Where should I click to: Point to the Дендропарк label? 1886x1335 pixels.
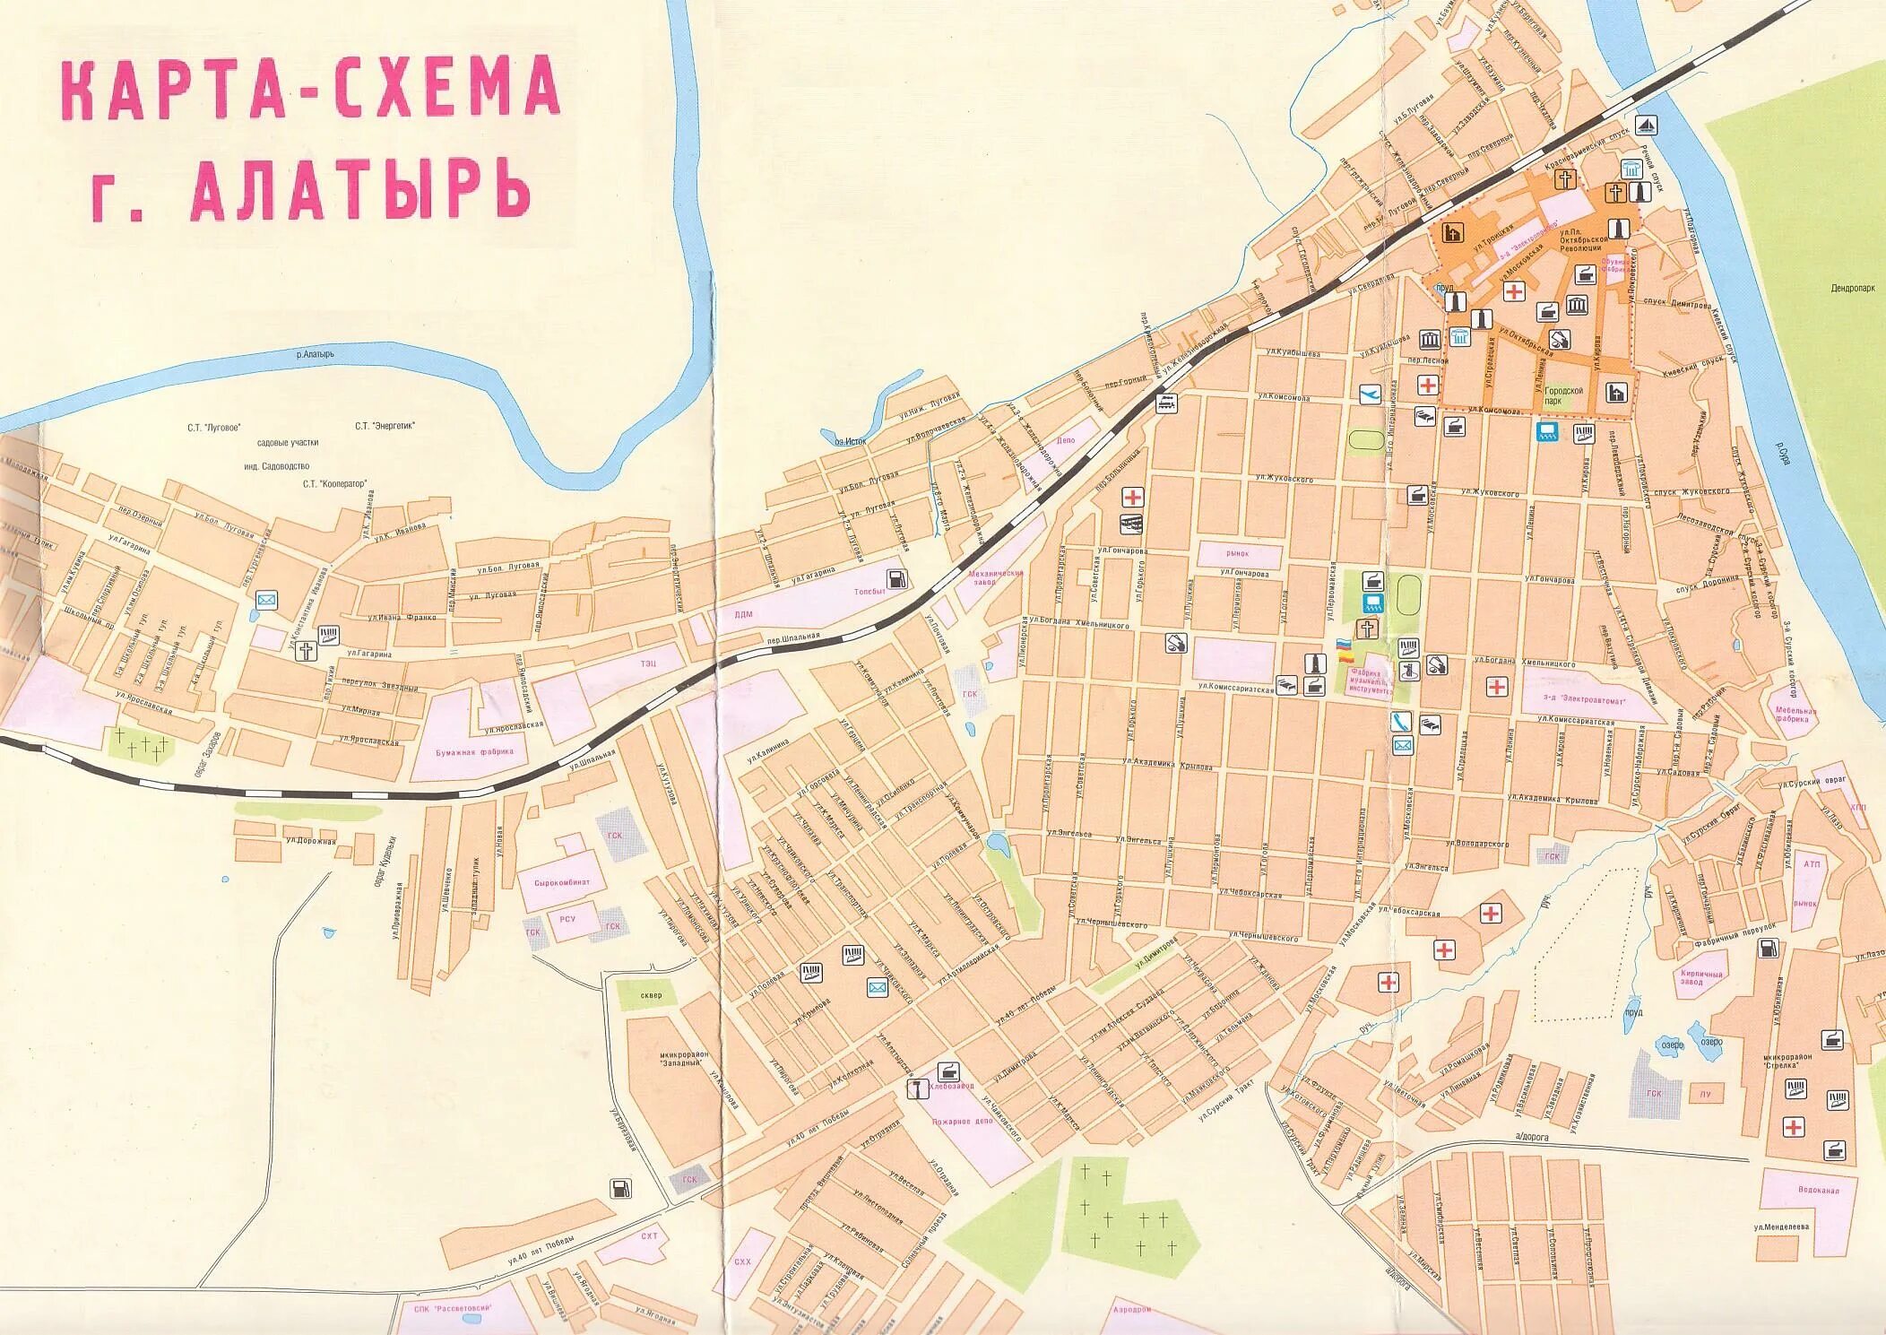[1853, 288]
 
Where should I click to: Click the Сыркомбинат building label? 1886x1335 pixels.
[561, 882]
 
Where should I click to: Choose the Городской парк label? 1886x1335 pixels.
[1564, 395]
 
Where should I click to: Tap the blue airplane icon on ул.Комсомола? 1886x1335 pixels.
[1370, 394]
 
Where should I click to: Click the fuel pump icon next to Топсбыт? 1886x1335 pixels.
[896, 577]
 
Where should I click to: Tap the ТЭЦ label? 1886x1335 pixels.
[648, 662]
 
